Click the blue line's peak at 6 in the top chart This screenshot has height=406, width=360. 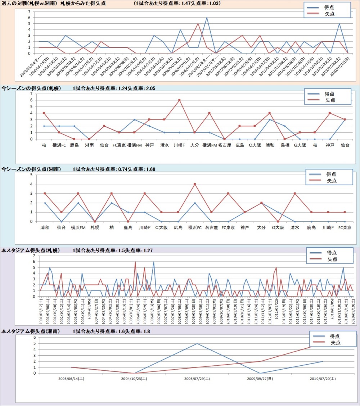point(207,18)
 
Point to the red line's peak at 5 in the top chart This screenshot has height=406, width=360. point(198,24)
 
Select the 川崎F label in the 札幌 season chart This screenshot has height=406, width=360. point(179,145)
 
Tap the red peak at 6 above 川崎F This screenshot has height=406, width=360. point(179,100)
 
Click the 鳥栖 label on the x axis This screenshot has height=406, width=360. point(285,145)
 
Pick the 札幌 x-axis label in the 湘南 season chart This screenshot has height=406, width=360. point(95,227)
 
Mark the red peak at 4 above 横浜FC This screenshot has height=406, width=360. point(195,184)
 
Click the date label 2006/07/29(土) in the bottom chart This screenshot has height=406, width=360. point(197,379)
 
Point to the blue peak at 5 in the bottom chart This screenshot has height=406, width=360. point(197,343)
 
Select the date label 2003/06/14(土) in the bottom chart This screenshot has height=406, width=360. point(71,379)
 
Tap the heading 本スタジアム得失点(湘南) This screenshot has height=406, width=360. point(31,331)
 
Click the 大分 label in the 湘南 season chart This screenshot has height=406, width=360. point(261,227)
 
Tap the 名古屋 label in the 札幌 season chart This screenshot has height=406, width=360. point(224,145)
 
